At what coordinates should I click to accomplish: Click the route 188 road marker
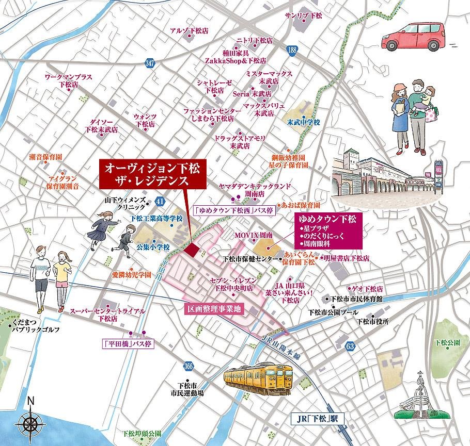tap(293, 50)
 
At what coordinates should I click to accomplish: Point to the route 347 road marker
tap(150, 63)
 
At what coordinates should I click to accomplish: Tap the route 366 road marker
tap(188, 366)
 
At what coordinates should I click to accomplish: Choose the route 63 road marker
tap(351, 345)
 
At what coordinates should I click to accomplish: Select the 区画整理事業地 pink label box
tap(214, 309)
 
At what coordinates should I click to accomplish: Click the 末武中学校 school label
tap(304, 123)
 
